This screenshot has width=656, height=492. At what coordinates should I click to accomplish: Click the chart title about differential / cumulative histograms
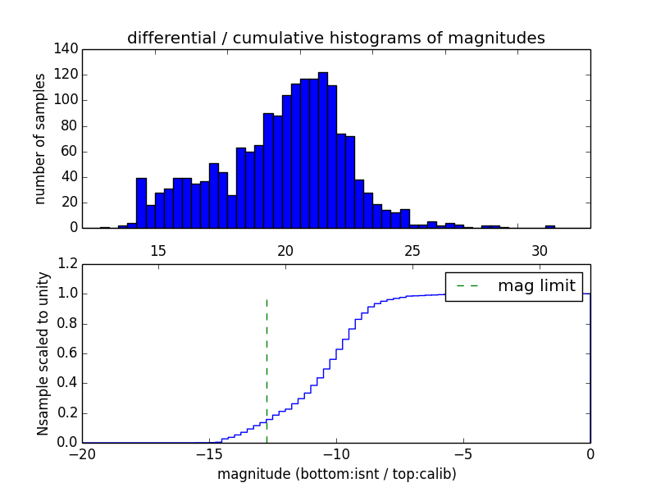(335, 38)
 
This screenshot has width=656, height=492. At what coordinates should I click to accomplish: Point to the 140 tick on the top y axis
(68, 49)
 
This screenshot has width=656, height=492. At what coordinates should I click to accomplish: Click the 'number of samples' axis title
(40, 139)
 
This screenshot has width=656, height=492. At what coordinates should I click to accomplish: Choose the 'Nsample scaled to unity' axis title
(43, 353)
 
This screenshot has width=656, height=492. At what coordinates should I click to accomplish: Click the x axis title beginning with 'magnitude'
(336, 474)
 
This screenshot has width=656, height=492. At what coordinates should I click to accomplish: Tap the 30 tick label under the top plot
(540, 249)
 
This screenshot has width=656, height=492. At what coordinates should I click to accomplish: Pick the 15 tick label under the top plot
(158, 249)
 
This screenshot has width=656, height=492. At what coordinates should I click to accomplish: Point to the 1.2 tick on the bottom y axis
(68, 264)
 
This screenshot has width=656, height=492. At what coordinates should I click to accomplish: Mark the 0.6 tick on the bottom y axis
(68, 353)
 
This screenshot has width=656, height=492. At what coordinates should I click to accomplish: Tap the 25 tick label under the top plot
(412, 249)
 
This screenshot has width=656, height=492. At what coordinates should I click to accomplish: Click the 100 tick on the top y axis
(68, 100)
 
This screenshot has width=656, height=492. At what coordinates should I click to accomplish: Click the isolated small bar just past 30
(549, 226)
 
